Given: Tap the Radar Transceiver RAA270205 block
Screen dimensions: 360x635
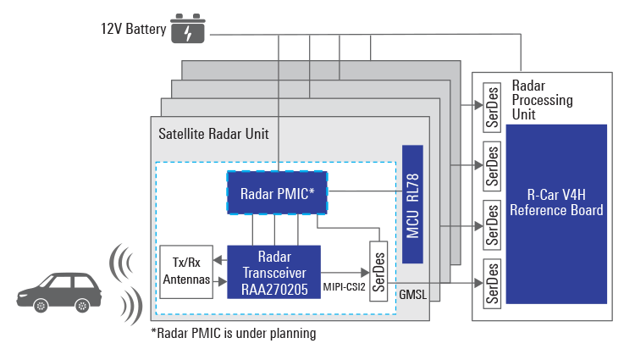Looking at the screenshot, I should (273, 271).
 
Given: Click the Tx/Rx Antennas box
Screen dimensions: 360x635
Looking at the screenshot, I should (185, 272).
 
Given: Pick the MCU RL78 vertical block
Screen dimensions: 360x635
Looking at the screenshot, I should (412, 203).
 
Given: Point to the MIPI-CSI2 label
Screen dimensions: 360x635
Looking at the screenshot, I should (344, 287).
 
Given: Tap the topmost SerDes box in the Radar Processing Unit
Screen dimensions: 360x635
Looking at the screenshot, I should (489, 102).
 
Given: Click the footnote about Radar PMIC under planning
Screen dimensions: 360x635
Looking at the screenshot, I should (233, 334).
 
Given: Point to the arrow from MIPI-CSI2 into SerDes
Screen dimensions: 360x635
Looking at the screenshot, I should (351, 272).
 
